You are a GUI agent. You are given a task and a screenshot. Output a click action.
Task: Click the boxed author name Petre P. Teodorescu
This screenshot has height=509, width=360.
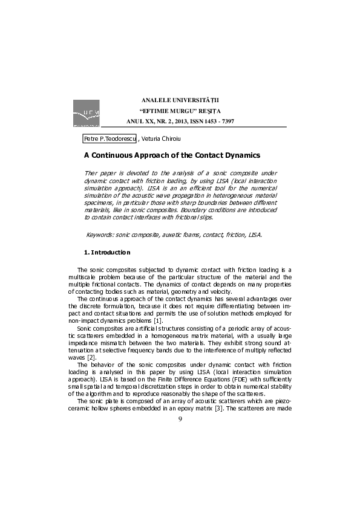[110, 138]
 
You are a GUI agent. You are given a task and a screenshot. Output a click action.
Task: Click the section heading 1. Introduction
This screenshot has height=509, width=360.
[106, 251]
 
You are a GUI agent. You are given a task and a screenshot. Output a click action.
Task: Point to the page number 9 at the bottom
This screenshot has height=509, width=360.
[180, 487]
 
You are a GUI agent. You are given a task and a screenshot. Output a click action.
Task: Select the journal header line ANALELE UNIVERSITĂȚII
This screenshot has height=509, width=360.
[181, 99]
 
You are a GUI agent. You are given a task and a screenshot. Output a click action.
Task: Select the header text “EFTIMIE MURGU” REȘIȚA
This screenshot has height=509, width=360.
[181, 110]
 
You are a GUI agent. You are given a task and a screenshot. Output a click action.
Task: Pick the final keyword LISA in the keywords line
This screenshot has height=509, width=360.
[255, 233]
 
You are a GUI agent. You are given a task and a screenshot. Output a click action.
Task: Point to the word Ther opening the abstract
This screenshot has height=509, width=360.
[91, 173]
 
